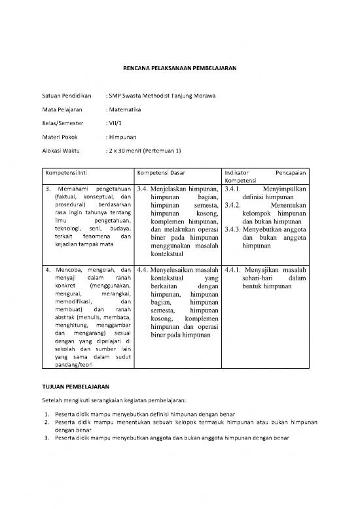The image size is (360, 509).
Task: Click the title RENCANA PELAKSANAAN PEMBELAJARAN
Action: (x=179, y=67)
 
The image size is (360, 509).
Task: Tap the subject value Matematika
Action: (x=126, y=110)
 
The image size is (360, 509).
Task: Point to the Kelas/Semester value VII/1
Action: (x=116, y=123)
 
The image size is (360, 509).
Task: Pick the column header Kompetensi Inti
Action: (x=69, y=172)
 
